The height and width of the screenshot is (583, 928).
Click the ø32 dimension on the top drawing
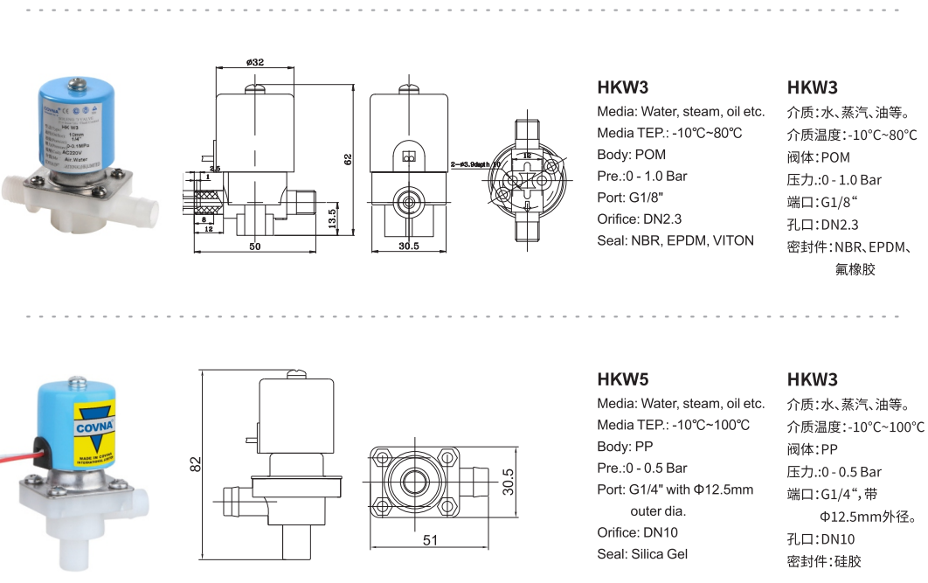click(255, 62)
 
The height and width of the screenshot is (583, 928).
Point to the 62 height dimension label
click(347, 159)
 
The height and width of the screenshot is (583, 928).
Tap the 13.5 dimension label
click(331, 217)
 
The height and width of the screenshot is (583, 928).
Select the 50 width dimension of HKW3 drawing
click(254, 246)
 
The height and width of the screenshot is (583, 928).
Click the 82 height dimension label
click(197, 464)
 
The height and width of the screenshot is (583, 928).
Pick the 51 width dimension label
click(430, 540)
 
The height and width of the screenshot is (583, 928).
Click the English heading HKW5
click(622, 379)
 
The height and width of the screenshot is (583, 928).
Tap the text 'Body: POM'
click(631, 155)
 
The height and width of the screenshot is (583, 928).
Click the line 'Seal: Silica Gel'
click(642, 553)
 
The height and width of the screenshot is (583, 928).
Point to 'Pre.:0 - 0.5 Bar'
click(642, 468)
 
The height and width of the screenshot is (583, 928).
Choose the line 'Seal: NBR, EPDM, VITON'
click(675, 240)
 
